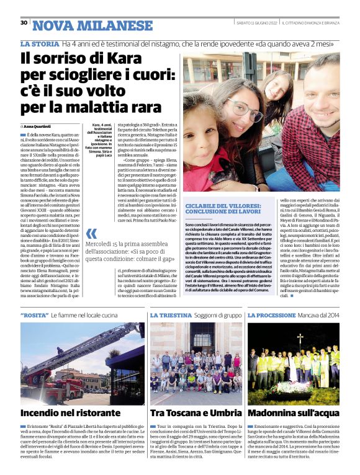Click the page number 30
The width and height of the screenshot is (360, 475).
tap(24, 23)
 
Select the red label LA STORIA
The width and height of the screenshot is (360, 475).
tap(39, 44)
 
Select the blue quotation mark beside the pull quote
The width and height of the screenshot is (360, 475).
tap(91, 234)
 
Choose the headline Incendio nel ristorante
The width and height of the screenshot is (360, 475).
tap(70, 412)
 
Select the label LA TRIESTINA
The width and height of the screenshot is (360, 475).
tap(170, 316)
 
